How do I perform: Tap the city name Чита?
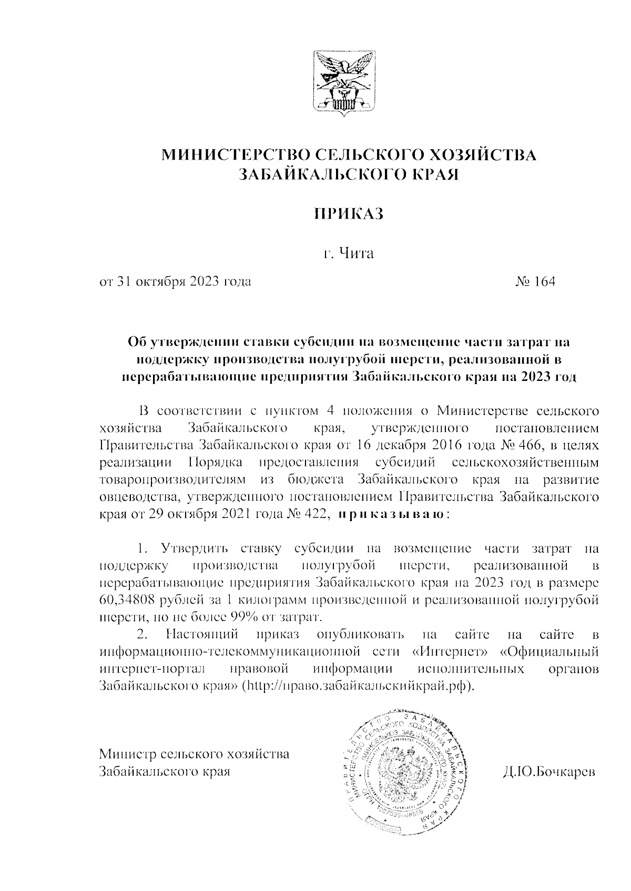(355, 255)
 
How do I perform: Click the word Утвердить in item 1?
(195, 549)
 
